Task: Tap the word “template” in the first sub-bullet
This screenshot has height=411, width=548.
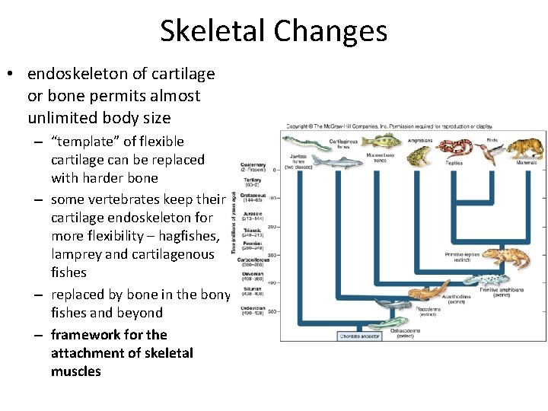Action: (x=86, y=142)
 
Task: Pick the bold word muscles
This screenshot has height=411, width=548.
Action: (x=75, y=371)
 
